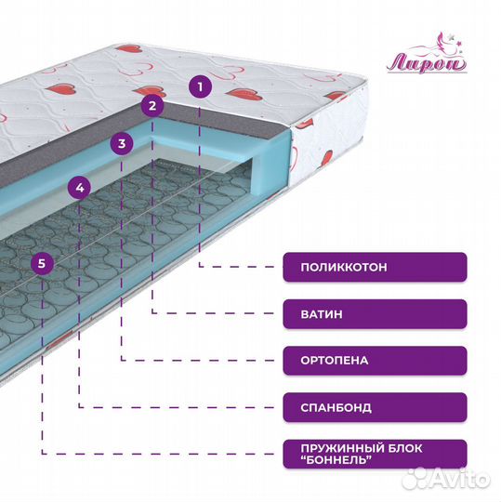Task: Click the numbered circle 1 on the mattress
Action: click(x=200, y=86)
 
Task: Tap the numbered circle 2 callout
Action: click(x=152, y=106)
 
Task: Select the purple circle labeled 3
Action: click(x=122, y=143)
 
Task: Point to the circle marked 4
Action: click(x=80, y=188)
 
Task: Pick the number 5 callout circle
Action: click(x=42, y=263)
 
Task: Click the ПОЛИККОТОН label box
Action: click(x=375, y=267)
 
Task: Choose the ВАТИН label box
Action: click(x=375, y=314)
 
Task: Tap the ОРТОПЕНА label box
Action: click(x=375, y=361)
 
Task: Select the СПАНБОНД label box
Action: click(x=375, y=407)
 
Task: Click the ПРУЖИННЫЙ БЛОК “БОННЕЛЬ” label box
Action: click(x=375, y=454)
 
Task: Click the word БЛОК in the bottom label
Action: click(x=405, y=448)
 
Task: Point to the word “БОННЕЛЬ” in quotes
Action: click(x=336, y=460)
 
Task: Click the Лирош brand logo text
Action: click(x=426, y=63)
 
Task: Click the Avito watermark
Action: click(x=446, y=479)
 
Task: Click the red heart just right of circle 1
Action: click(x=244, y=94)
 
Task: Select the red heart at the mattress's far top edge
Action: click(x=128, y=48)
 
